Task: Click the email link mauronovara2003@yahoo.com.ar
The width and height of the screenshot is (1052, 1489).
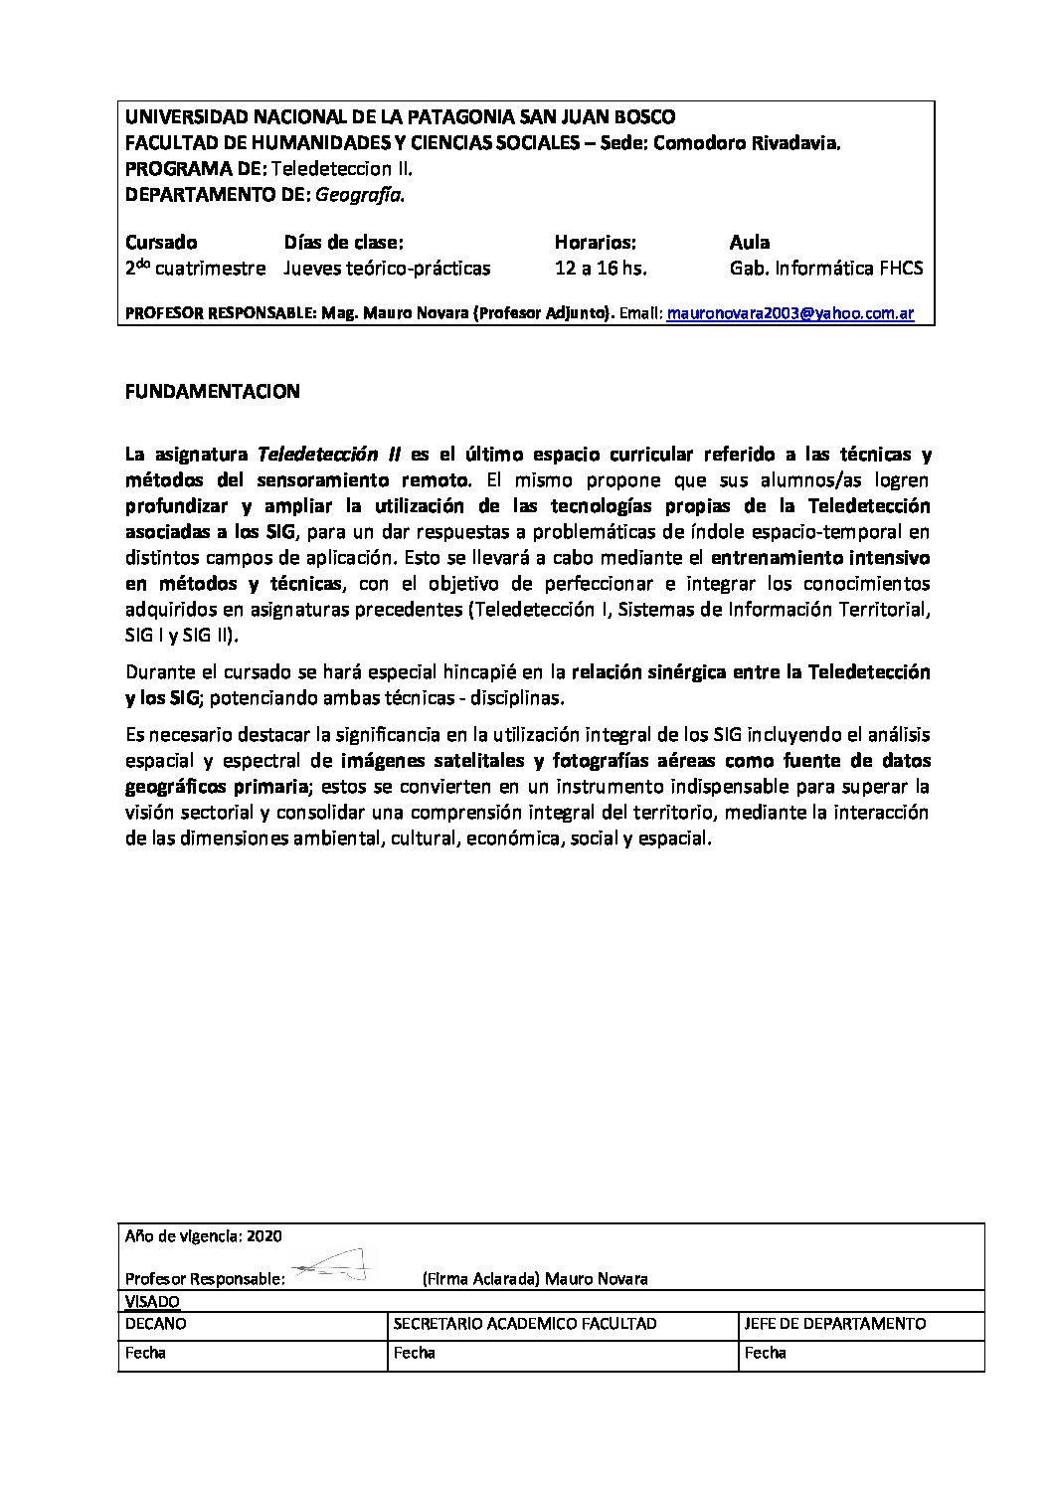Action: click(789, 313)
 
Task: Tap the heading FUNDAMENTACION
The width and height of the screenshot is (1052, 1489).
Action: click(213, 392)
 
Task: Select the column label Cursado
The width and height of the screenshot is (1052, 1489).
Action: click(161, 242)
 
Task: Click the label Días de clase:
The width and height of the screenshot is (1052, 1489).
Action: click(344, 242)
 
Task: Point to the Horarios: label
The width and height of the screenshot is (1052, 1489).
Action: click(595, 242)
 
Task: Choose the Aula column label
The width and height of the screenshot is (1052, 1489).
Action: click(750, 242)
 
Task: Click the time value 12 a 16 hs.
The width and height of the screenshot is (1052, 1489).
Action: click(601, 268)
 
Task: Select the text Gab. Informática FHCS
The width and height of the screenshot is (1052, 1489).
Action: click(825, 268)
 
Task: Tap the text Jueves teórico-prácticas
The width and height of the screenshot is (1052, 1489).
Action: click(387, 268)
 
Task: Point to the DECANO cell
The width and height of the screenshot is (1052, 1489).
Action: click(156, 1324)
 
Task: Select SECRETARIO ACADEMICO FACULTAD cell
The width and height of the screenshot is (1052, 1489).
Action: click(525, 1324)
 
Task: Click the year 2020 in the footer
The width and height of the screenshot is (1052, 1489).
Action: click(264, 1236)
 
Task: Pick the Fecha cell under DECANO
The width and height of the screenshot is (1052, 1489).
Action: click(146, 1353)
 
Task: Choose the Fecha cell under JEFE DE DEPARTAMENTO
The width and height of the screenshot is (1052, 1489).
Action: click(766, 1353)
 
